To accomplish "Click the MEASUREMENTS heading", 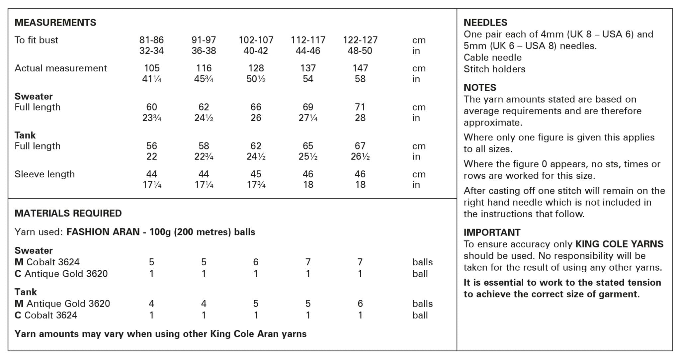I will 55,23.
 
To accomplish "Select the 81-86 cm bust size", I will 151,40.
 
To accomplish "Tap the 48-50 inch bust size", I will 360,51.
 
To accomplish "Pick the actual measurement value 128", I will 256,68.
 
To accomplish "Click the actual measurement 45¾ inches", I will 204,79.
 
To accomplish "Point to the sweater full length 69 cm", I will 308,107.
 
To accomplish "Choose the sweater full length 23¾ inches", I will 152,118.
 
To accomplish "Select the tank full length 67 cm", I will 360,146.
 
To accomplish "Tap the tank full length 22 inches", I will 151,156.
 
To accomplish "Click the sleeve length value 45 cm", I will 256,174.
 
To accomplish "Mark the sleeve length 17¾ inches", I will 256,185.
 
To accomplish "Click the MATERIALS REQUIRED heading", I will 68,213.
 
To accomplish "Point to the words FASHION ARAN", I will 103,232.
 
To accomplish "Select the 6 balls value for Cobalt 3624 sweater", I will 256,262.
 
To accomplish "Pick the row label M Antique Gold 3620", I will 62,304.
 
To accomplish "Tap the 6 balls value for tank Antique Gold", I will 360,304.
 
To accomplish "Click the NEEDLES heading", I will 485,23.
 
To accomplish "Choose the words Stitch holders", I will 494,69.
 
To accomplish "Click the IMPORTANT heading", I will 492,232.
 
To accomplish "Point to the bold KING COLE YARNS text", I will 619,244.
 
